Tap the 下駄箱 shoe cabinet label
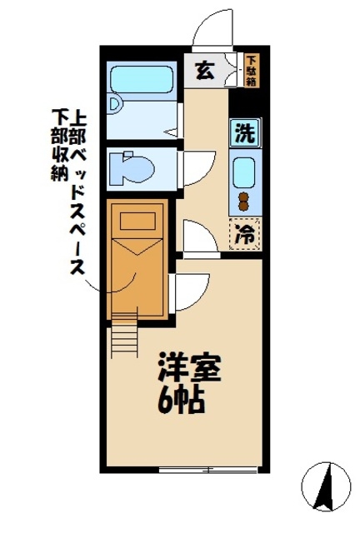(x=252, y=70)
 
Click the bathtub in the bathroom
(x=142, y=81)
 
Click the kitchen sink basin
(x=245, y=172)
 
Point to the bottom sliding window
(x=194, y=470)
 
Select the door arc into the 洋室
(x=191, y=291)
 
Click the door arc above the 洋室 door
(x=198, y=236)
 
